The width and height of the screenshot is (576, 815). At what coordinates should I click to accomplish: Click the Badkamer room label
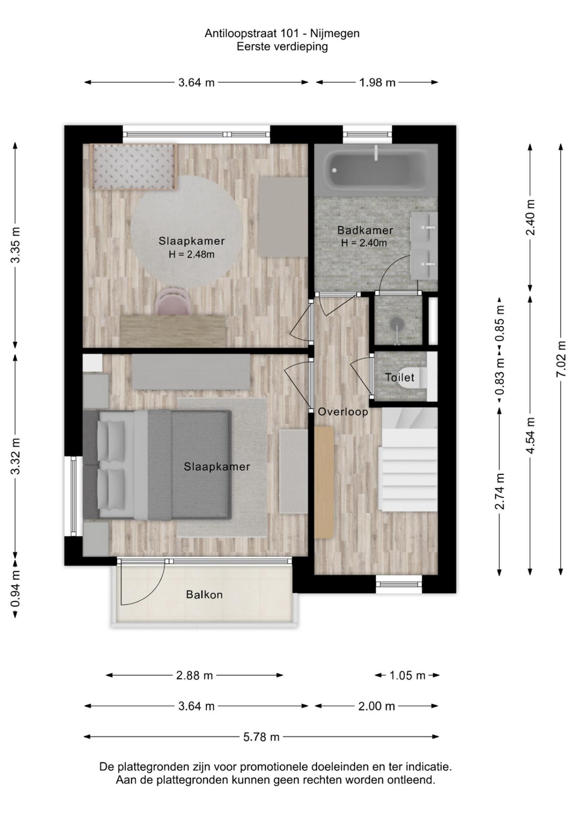pyautogui.click(x=365, y=230)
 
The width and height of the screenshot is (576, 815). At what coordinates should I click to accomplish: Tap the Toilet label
pyautogui.click(x=400, y=377)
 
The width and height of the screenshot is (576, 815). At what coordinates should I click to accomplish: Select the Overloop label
pyautogui.click(x=343, y=412)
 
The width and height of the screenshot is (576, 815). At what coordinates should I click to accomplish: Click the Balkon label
pyautogui.click(x=204, y=595)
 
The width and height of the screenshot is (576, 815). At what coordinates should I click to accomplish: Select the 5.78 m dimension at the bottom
pyautogui.click(x=261, y=737)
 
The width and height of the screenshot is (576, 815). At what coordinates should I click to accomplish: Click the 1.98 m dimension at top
pyautogui.click(x=377, y=82)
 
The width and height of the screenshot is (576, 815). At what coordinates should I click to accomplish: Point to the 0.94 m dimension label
pyautogui.click(x=15, y=588)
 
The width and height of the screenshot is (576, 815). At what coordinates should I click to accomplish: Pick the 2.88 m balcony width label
pyautogui.click(x=194, y=675)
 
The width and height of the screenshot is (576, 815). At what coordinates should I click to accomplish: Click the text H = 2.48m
pyautogui.click(x=192, y=254)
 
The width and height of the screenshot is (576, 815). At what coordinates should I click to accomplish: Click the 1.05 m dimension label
pyautogui.click(x=407, y=675)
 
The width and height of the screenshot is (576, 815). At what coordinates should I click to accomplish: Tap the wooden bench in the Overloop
pyautogui.click(x=324, y=482)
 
